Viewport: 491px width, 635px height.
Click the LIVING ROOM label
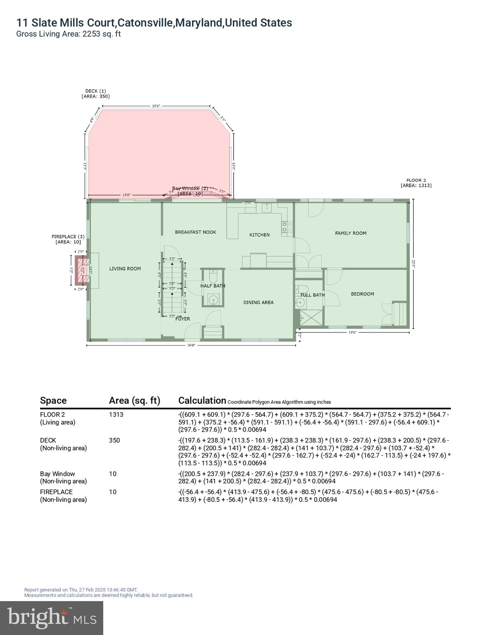point(125,269)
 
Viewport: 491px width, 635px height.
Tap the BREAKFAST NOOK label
point(195,232)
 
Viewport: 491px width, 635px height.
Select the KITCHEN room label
point(259,235)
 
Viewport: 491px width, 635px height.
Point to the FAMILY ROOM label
point(350,233)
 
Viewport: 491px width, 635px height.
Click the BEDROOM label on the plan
point(362,294)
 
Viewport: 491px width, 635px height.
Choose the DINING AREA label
point(258,303)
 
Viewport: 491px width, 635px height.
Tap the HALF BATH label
point(213,286)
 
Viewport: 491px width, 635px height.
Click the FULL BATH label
point(312,295)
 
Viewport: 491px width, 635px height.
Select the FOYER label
point(182,319)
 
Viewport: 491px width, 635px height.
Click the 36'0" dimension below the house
point(191,345)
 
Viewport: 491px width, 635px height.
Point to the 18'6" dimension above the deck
point(156,106)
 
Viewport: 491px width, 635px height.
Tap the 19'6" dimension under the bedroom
point(352,332)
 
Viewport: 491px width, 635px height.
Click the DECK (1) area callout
point(96,94)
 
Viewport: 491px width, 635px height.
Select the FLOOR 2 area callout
point(416,183)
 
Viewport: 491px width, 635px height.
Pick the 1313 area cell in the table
point(116,415)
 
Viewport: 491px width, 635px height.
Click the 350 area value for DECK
point(114,440)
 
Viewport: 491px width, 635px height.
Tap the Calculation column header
point(202,400)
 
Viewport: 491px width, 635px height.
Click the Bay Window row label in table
point(57,474)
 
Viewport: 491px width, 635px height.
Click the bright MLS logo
point(52,618)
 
